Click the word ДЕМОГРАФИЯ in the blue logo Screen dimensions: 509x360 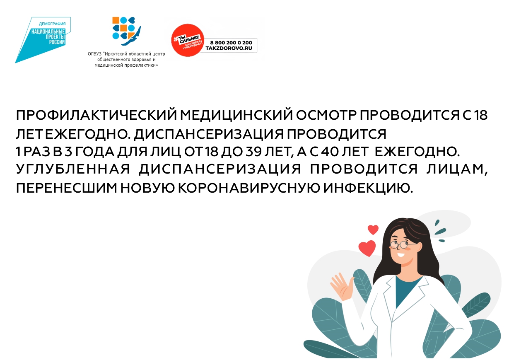click(52, 24)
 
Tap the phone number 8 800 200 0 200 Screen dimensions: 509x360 click(231, 43)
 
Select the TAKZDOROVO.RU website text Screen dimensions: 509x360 click(229, 48)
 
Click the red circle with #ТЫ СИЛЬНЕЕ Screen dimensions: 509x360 click(188, 40)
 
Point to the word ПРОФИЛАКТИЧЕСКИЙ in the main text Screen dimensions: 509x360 click(96, 115)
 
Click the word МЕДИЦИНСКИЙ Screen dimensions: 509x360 click(236, 115)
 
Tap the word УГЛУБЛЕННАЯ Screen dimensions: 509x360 click(73, 169)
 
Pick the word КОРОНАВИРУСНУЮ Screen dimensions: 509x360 click(249, 188)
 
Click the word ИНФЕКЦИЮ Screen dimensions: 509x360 click(368, 188)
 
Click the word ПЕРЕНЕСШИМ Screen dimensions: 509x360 click(66, 188)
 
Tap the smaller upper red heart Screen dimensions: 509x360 click(373, 230)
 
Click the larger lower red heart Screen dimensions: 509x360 click(367, 248)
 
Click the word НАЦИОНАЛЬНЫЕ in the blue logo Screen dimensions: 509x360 click(48, 31)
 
